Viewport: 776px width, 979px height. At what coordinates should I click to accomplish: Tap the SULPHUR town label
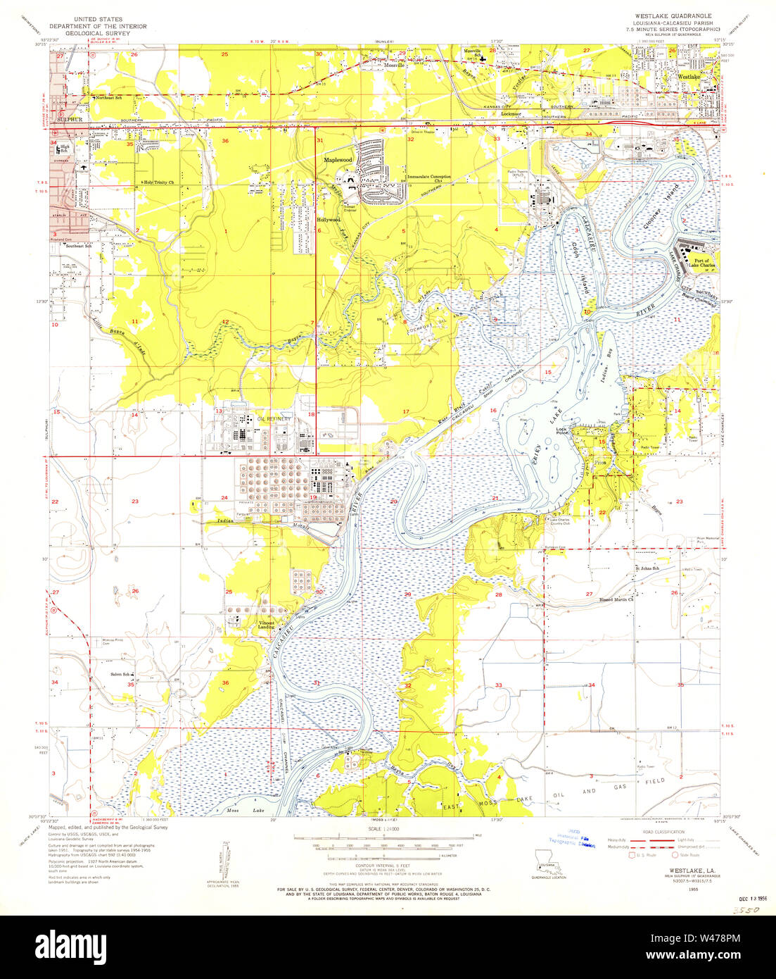pyautogui.click(x=70, y=120)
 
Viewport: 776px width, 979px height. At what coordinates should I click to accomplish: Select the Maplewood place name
pyautogui.click(x=337, y=161)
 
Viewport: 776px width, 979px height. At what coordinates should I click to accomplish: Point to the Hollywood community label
pyautogui.click(x=328, y=220)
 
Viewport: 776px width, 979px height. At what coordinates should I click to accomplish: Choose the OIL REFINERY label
pyautogui.click(x=274, y=419)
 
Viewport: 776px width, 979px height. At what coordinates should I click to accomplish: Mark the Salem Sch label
pyautogui.click(x=121, y=674)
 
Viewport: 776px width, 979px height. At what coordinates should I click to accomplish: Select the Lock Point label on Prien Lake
pyautogui.click(x=561, y=431)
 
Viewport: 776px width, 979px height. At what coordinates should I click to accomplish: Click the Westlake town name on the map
pyautogui.click(x=689, y=76)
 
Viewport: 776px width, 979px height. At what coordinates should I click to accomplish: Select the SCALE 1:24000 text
pyautogui.click(x=387, y=829)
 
